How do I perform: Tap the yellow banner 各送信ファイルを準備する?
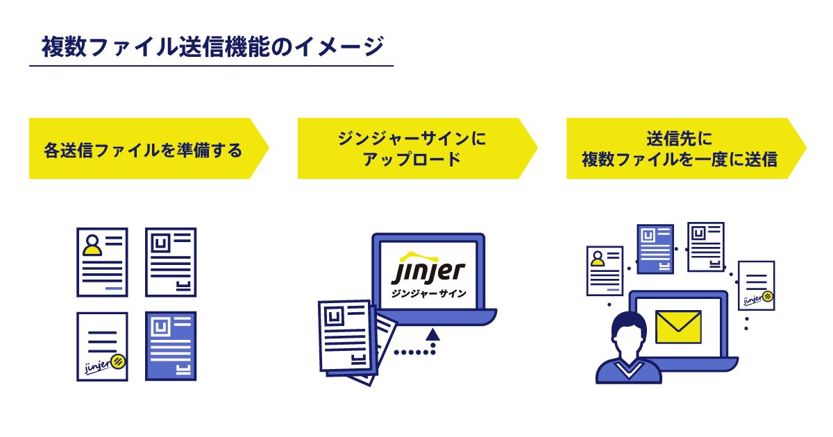(143, 148)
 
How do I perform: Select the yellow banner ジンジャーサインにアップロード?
(412, 148)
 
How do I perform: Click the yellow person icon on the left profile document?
(92, 245)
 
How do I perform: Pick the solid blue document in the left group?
(171, 345)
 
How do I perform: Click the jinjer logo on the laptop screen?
(428, 268)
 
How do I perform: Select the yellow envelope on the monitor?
(678, 327)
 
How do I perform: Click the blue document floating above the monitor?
(655, 248)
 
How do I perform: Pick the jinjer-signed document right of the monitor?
(756, 285)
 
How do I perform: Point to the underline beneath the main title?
(212, 66)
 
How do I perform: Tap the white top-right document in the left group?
(171, 262)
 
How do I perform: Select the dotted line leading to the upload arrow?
(414, 352)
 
